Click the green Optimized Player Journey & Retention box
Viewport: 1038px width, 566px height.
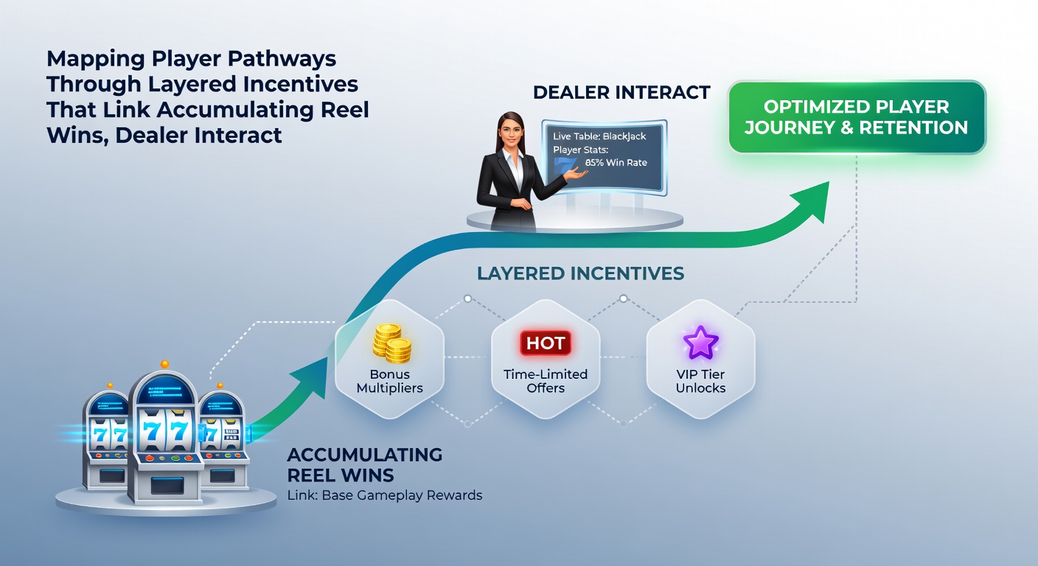coord(857,116)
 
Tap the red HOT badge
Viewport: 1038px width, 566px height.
coord(546,343)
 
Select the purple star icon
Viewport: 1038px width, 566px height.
coord(700,342)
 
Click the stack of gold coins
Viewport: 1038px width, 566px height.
coord(391,343)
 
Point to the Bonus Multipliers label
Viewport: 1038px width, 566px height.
coord(390,381)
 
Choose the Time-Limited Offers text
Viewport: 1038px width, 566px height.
coord(546,381)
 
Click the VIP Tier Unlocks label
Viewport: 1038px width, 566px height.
coord(700,381)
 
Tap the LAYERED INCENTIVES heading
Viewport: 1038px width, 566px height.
coord(580,273)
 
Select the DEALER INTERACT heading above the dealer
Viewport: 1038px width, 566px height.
coord(621,92)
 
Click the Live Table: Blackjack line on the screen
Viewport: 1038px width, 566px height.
coord(599,136)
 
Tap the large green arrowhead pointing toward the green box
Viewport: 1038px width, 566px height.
coord(813,201)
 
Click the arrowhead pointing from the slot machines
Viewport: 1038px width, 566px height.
coord(310,376)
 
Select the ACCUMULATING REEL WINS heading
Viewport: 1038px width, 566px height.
coord(365,465)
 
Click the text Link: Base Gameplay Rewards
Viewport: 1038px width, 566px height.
coord(385,495)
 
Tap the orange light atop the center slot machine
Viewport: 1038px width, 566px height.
coord(164,364)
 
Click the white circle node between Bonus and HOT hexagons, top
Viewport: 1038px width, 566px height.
coord(467,298)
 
